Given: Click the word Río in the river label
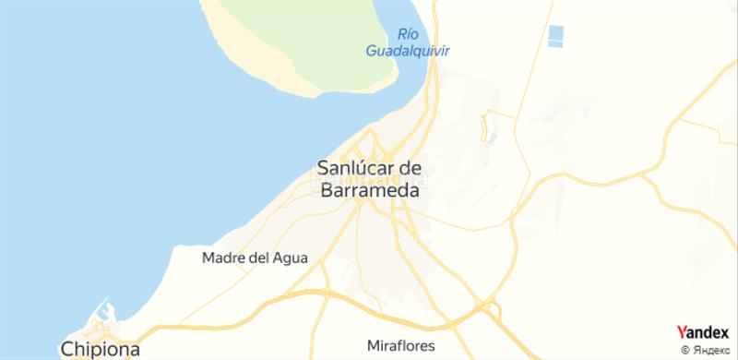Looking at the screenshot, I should point(406,34).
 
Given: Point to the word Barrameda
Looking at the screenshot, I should point(369,191).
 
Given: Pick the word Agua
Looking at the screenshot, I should point(290,258).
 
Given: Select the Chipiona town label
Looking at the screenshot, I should point(101,350).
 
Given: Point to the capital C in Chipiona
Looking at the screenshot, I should point(67,350).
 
